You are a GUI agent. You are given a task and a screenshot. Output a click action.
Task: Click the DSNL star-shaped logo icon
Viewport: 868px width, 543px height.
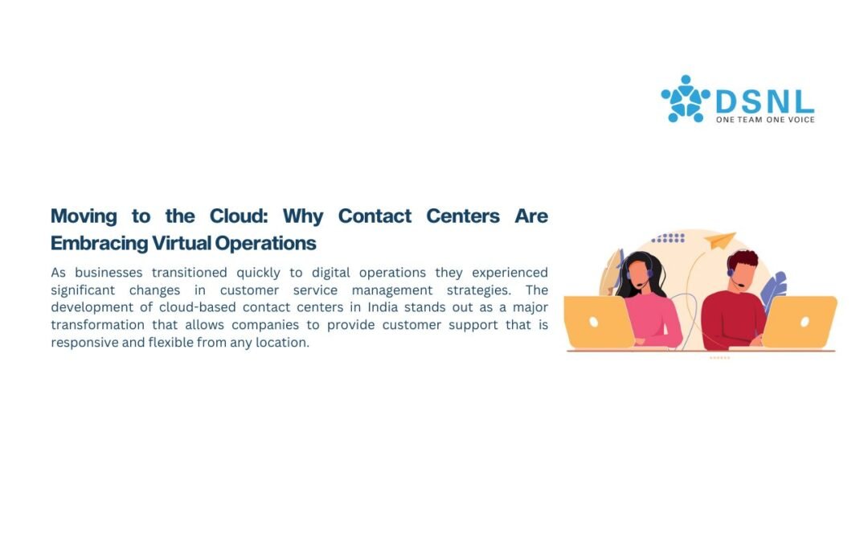pos(686,99)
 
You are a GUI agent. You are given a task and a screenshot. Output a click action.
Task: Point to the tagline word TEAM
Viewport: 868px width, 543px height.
pos(749,120)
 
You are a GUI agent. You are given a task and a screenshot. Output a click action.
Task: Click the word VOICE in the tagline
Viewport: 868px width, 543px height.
pos(801,120)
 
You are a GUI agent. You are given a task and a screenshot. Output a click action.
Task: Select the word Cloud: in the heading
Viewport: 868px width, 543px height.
pos(239,216)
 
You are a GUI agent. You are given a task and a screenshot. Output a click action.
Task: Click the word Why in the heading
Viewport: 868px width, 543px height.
pos(303,216)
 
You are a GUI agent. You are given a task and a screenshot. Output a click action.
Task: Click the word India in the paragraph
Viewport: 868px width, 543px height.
pos(383,307)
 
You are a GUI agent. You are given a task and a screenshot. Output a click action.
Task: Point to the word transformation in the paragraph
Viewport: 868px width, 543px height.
pos(97,325)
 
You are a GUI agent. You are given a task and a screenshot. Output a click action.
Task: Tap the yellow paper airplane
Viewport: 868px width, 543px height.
pos(719,240)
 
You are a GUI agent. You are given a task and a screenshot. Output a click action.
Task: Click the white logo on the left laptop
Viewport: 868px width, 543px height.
pos(593,322)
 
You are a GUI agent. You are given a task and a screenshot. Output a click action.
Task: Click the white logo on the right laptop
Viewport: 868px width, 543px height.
pos(805,322)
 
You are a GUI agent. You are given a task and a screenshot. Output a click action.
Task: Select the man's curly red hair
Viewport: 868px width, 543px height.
pos(743,259)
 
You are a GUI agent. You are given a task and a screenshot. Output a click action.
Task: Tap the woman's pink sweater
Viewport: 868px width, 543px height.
pos(655,319)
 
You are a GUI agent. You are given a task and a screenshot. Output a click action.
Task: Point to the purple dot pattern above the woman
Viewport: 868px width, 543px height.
pos(668,238)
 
